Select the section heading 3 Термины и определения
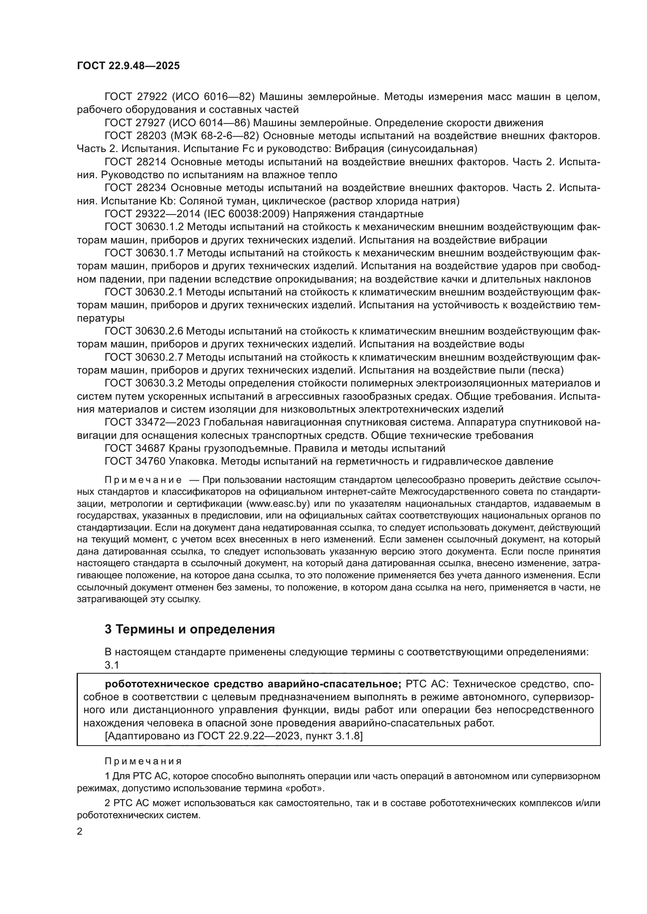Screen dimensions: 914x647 click(x=190, y=630)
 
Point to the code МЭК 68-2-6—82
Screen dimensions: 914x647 click(x=215, y=136)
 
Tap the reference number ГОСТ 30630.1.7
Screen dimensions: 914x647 click(x=144, y=253)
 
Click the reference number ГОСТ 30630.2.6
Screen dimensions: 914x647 click(x=144, y=331)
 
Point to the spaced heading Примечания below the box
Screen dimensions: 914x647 click(x=143, y=762)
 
